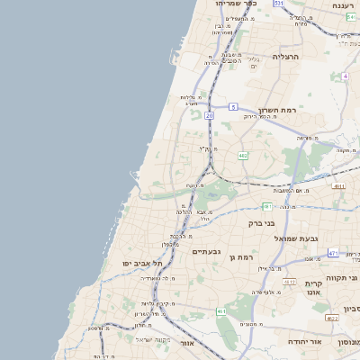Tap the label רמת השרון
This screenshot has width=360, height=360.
(277, 111)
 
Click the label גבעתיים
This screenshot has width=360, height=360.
(208, 252)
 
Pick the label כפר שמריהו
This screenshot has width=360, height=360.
(237, 4)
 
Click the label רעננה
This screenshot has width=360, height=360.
(343, 5)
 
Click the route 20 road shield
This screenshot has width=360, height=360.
(209, 116)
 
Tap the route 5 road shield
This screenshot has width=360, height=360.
(233, 107)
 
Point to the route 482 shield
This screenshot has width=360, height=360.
(243, 156)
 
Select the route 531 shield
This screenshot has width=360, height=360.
(279, 4)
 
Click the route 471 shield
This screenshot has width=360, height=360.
(333, 253)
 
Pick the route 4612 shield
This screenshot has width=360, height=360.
(289, 282)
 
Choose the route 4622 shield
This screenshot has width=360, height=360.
(332, 318)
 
